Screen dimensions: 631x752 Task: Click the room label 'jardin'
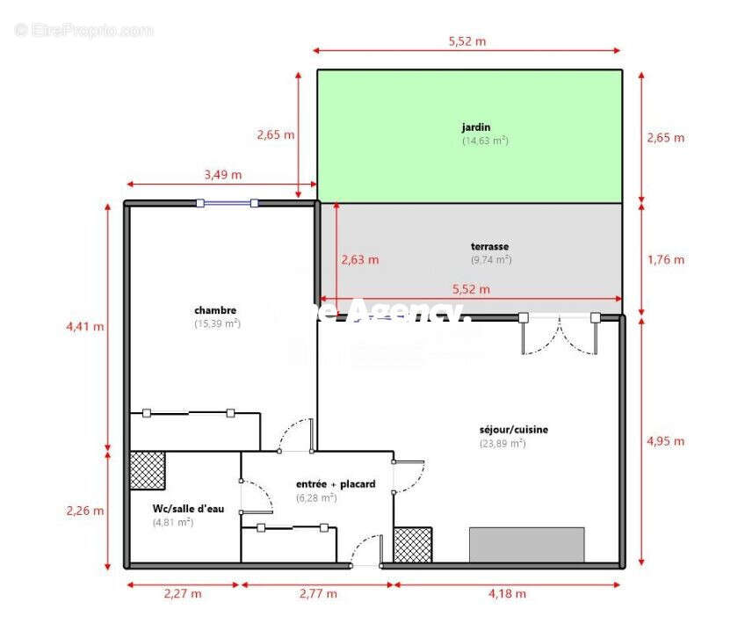[x=476, y=127]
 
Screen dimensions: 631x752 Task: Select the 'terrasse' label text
[x=489, y=247]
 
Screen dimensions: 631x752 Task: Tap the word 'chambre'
[x=215, y=310]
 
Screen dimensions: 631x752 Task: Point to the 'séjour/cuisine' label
[x=514, y=430]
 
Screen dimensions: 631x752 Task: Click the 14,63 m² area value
[x=485, y=141]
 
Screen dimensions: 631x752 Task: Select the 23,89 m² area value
[x=503, y=444]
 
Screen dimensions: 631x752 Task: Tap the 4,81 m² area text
[x=172, y=522]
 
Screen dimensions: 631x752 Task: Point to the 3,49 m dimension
[x=222, y=174]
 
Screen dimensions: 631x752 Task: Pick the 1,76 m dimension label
[x=665, y=259]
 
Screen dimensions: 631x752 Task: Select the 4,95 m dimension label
[x=665, y=441]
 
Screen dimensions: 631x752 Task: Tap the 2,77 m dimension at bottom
[x=317, y=594]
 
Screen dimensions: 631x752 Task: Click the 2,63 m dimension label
[x=360, y=259]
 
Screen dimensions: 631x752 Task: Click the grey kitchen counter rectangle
[x=526, y=544]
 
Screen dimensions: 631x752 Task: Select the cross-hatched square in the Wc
[x=148, y=470]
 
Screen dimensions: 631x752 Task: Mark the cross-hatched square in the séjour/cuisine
[x=412, y=545]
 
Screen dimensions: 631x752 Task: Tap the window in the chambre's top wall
[x=227, y=203]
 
